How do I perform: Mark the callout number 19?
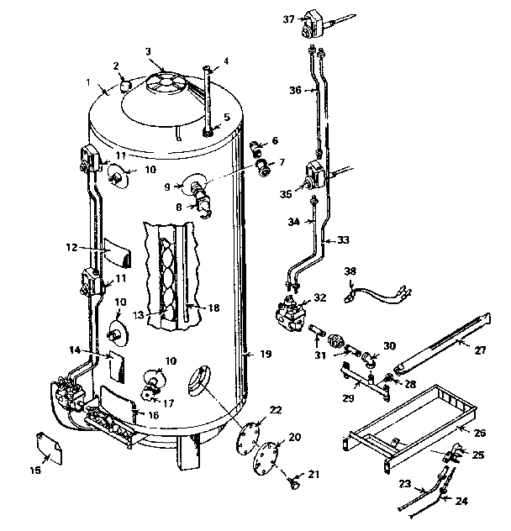pos(266,355)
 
